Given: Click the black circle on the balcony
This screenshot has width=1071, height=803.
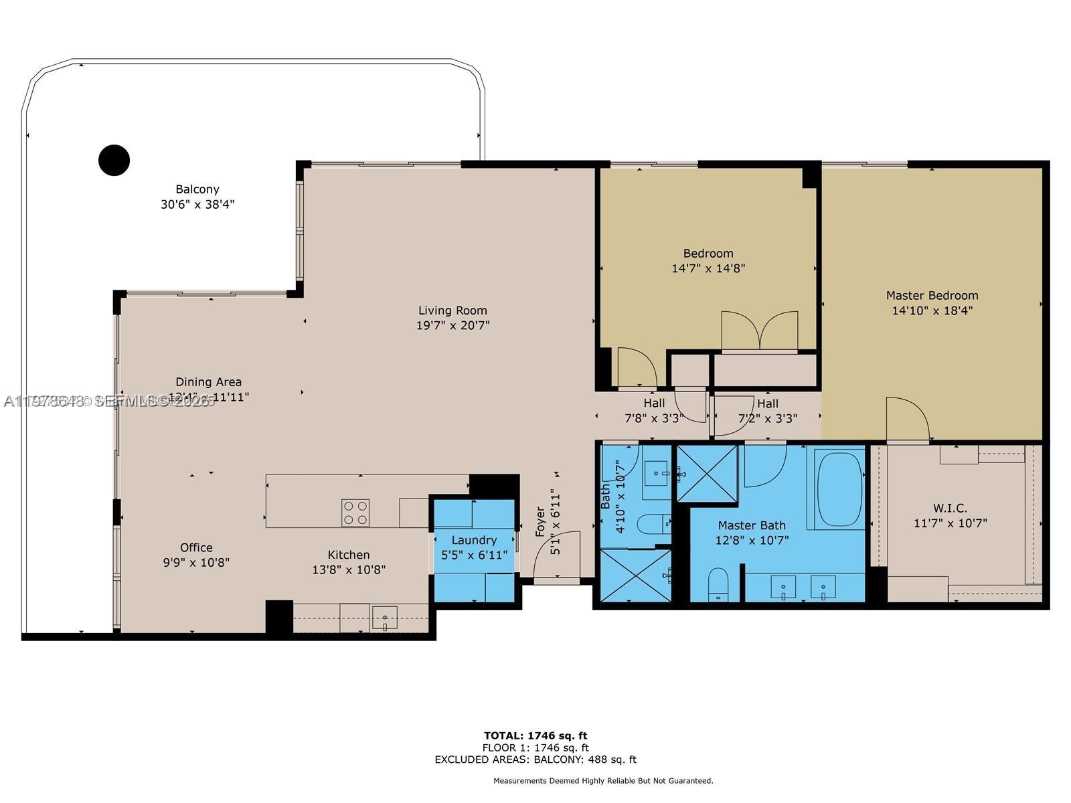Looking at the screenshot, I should (x=114, y=161).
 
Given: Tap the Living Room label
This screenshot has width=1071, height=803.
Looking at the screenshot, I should (x=452, y=310).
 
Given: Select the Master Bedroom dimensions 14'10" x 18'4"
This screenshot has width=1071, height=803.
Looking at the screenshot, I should (x=932, y=310).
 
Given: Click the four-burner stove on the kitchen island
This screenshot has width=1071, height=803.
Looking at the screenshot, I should (x=355, y=513).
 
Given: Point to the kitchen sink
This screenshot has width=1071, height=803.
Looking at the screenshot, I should (x=385, y=617).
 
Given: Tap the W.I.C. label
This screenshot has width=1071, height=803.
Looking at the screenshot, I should (x=950, y=509).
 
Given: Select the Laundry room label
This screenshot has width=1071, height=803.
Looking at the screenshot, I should (x=474, y=540).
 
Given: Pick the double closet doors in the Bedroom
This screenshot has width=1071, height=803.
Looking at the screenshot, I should (x=759, y=331).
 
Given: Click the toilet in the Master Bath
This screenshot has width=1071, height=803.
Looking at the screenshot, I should (x=718, y=584).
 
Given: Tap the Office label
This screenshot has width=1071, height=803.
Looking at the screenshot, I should (x=196, y=547).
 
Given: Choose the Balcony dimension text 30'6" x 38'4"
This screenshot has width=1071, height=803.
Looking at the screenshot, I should (x=197, y=204).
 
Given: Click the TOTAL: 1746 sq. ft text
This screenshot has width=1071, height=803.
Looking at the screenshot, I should (x=535, y=735).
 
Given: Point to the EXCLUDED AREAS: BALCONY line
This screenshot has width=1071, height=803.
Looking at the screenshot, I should (x=535, y=760).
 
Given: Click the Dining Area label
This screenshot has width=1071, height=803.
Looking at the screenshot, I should (x=208, y=382).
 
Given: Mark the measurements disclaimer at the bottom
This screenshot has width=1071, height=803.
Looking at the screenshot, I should (x=603, y=780).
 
